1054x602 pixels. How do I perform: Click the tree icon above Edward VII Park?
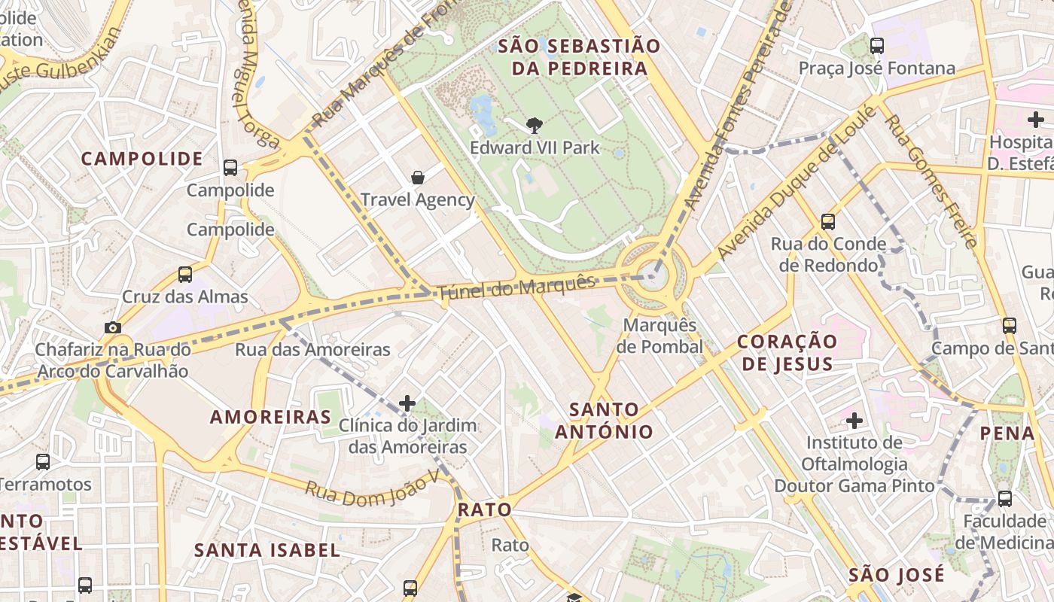coord(535,125)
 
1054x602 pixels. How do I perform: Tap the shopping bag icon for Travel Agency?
coord(418,178)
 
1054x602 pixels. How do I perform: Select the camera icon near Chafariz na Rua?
coord(112,327)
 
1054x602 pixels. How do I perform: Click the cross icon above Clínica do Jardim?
coord(407,403)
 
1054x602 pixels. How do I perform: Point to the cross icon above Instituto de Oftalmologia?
coord(854,420)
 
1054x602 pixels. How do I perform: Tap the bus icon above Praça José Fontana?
coord(877,46)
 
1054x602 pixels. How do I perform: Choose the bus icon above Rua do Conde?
coord(828,221)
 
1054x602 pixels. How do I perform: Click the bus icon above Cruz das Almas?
coord(185,275)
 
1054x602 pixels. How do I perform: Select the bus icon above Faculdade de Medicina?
coord(1004,498)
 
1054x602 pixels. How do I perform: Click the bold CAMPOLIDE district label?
coord(142,159)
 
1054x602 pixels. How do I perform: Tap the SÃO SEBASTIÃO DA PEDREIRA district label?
coord(579,57)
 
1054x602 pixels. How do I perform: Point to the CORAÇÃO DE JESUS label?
coord(787,353)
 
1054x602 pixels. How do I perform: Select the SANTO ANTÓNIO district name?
coord(604,421)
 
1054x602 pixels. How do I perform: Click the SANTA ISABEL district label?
coord(267,550)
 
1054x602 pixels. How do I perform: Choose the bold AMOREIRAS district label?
coord(270,417)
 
